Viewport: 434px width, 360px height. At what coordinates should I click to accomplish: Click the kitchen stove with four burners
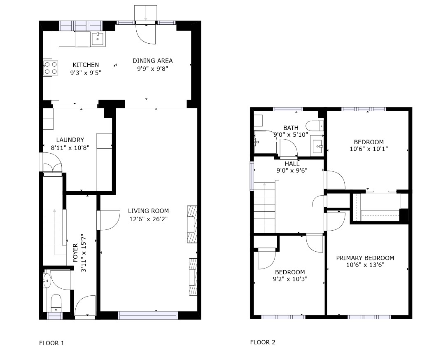(x=51, y=68)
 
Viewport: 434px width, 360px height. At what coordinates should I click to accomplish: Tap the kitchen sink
(x=98, y=38)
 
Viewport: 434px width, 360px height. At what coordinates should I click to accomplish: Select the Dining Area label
(x=152, y=61)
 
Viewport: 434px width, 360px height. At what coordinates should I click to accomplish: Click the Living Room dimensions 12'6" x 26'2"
(x=148, y=219)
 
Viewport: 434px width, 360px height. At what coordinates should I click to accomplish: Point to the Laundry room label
(x=70, y=140)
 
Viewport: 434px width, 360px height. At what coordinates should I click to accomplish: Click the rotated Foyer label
(x=76, y=253)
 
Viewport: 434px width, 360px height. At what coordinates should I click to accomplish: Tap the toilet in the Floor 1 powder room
(x=56, y=303)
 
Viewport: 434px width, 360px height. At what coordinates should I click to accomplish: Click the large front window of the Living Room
(x=148, y=316)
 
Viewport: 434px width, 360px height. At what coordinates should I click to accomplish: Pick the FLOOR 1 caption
(x=51, y=343)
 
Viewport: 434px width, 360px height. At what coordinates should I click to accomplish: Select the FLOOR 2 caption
(x=263, y=342)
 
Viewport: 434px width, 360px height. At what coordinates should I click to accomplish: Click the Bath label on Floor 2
(x=291, y=128)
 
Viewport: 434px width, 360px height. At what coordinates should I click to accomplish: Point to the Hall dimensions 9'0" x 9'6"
(x=292, y=170)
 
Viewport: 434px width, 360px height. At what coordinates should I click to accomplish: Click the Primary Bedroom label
(x=365, y=258)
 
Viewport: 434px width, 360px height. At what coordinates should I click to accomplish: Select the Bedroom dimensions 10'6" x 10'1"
(x=369, y=149)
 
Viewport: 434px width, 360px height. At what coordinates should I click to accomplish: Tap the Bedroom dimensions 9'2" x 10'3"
(x=290, y=279)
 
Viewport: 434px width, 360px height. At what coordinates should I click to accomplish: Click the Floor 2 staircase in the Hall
(x=265, y=208)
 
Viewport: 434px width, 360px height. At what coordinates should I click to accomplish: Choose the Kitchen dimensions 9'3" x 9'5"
(x=86, y=73)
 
